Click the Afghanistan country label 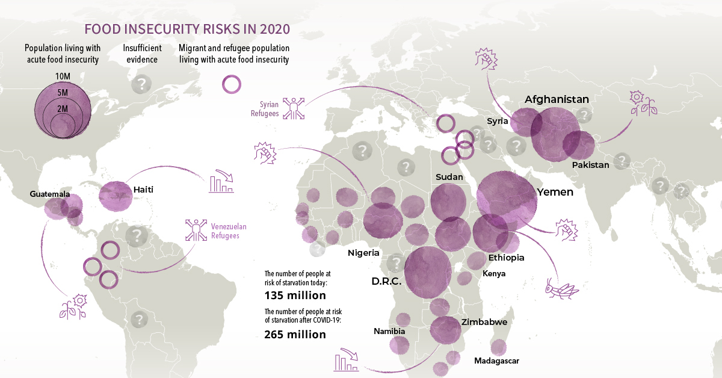pyautogui.click(x=557, y=99)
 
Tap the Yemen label pyautogui.click(x=555, y=193)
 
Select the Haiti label pyautogui.click(x=143, y=190)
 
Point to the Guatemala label pyautogui.click(x=50, y=194)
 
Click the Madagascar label pyautogui.click(x=496, y=361)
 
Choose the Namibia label pyautogui.click(x=389, y=331)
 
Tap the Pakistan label pyautogui.click(x=591, y=164)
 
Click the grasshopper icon pyautogui.click(x=561, y=288)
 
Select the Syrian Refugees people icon pyautogui.click(x=295, y=108)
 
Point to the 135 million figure pyautogui.click(x=295, y=296)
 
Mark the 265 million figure pyautogui.click(x=295, y=335)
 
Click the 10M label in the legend pyautogui.click(x=63, y=76)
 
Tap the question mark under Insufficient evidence pyautogui.click(x=141, y=84)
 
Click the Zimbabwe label pyautogui.click(x=484, y=322)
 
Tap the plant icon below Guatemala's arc pyautogui.click(x=72, y=307)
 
